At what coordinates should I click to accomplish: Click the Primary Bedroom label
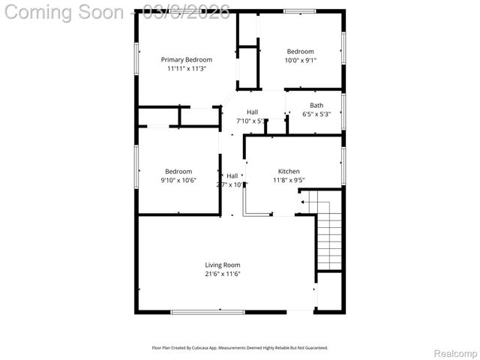pos(187,59)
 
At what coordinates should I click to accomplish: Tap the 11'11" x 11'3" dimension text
pos(187,68)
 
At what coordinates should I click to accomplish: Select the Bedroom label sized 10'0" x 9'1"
pos(299,51)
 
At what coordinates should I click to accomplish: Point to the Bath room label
pos(316,106)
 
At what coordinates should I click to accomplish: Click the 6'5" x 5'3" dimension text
pos(316,115)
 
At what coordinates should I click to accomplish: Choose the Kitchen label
pos(289,171)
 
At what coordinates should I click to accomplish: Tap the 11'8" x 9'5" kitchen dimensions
pos(289,180)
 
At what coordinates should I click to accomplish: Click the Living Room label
pos(223,265)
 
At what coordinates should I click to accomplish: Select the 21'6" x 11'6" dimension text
pos(223,274)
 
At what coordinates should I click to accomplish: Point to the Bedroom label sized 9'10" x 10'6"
pos(178,171)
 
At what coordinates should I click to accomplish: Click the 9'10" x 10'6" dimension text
pos(178,180)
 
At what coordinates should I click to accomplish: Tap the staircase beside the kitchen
pos(328,236)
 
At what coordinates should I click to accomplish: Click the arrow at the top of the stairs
pos(303,201)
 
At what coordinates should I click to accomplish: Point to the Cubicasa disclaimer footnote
pos(240,347)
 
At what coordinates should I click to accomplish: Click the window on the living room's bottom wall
pos(207,311)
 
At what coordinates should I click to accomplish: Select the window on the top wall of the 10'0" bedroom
pos(298,10)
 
